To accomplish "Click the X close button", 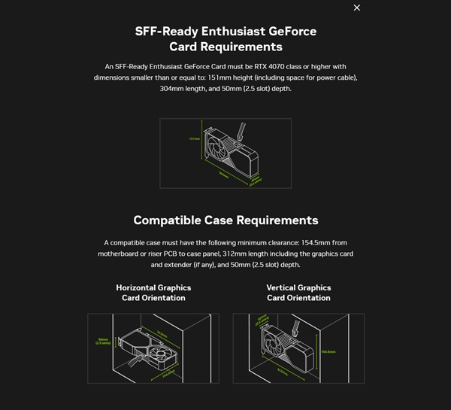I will tap(356, 8).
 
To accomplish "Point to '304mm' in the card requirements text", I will tap(174, 88).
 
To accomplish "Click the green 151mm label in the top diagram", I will tap(193, 139).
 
